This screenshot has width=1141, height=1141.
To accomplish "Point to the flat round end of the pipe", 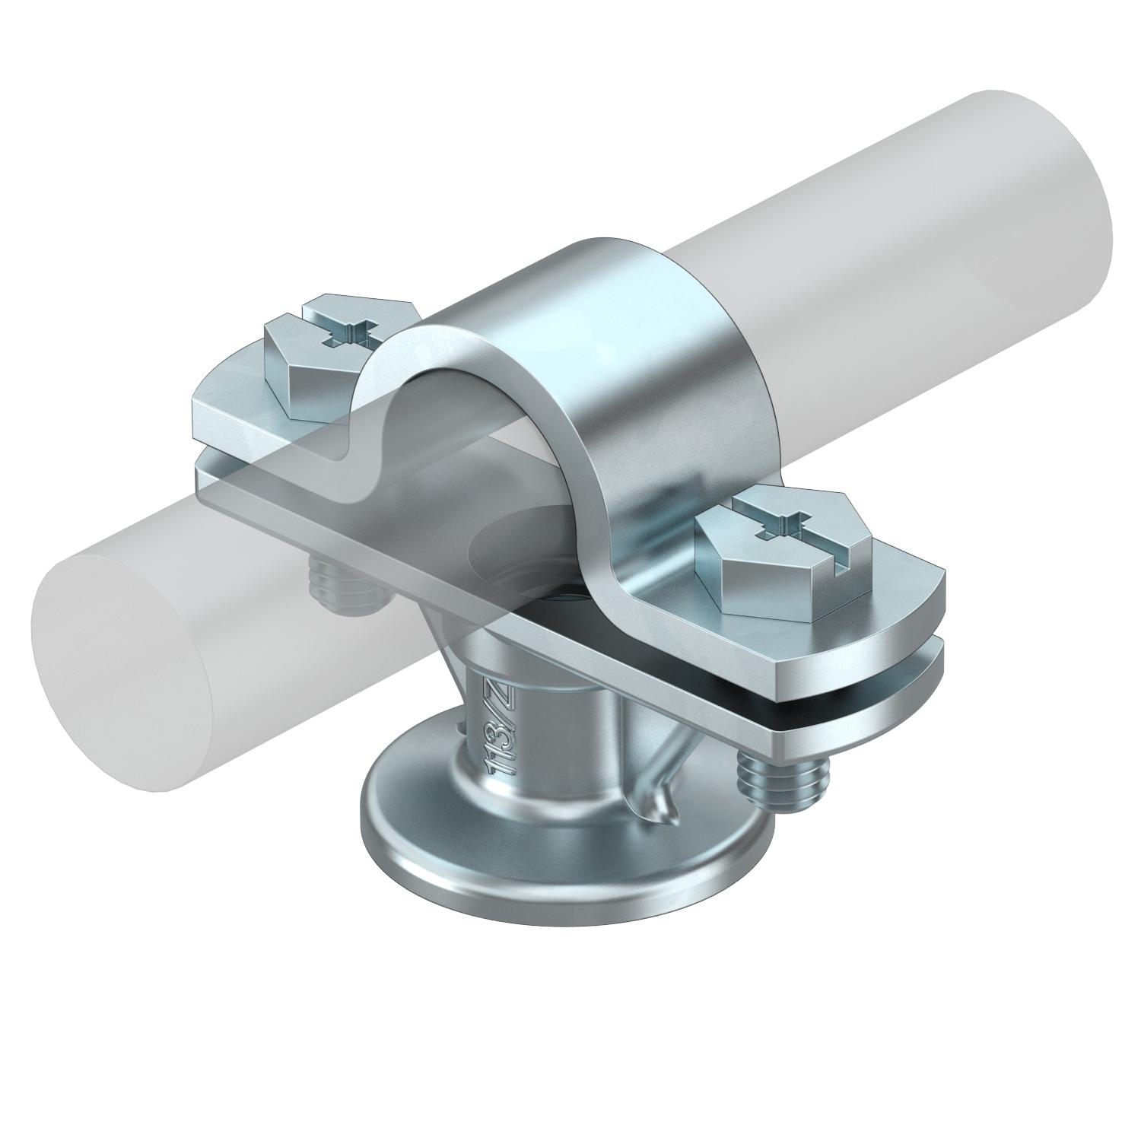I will [x=122, y=654].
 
